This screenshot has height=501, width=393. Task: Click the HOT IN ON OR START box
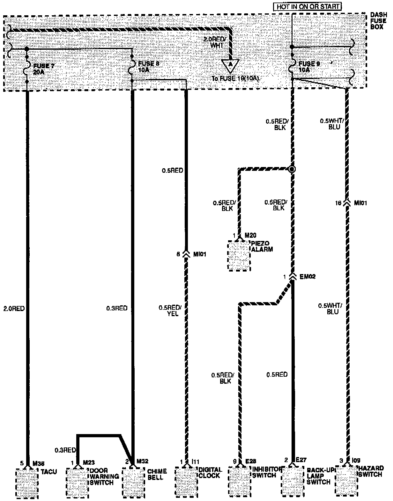pos(307,6)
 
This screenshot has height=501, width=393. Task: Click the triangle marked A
pos(230,65)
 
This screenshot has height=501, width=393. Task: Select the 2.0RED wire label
pos(14,309)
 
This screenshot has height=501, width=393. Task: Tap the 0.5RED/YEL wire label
pos(170,310)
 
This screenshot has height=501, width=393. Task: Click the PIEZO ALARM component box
pos(239,256)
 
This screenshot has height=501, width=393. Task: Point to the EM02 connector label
pos(308,277)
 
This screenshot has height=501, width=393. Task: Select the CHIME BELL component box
pos(134,483)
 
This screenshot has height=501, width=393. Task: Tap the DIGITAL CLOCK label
pos(210,472)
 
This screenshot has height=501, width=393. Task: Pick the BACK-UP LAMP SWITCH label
pos(318,476)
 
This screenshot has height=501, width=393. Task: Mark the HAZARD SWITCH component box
pos(346,483)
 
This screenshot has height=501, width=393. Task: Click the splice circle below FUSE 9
pos(291,169)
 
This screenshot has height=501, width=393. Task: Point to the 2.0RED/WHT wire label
pos(215,42)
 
